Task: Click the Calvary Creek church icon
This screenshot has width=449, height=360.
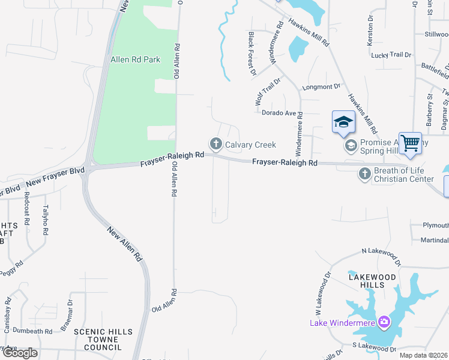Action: [x=215, y=144]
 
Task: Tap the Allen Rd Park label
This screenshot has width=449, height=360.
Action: [x=136, y=60]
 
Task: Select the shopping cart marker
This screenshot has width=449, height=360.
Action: [x=410, y=143]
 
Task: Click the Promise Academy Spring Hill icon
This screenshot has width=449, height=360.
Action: [x=350, y=145]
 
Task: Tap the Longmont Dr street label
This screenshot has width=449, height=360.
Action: [x=321, y=87]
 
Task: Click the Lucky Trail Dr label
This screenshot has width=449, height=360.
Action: [x=391, y=55]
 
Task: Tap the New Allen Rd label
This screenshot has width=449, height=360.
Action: [x=124, y=244]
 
